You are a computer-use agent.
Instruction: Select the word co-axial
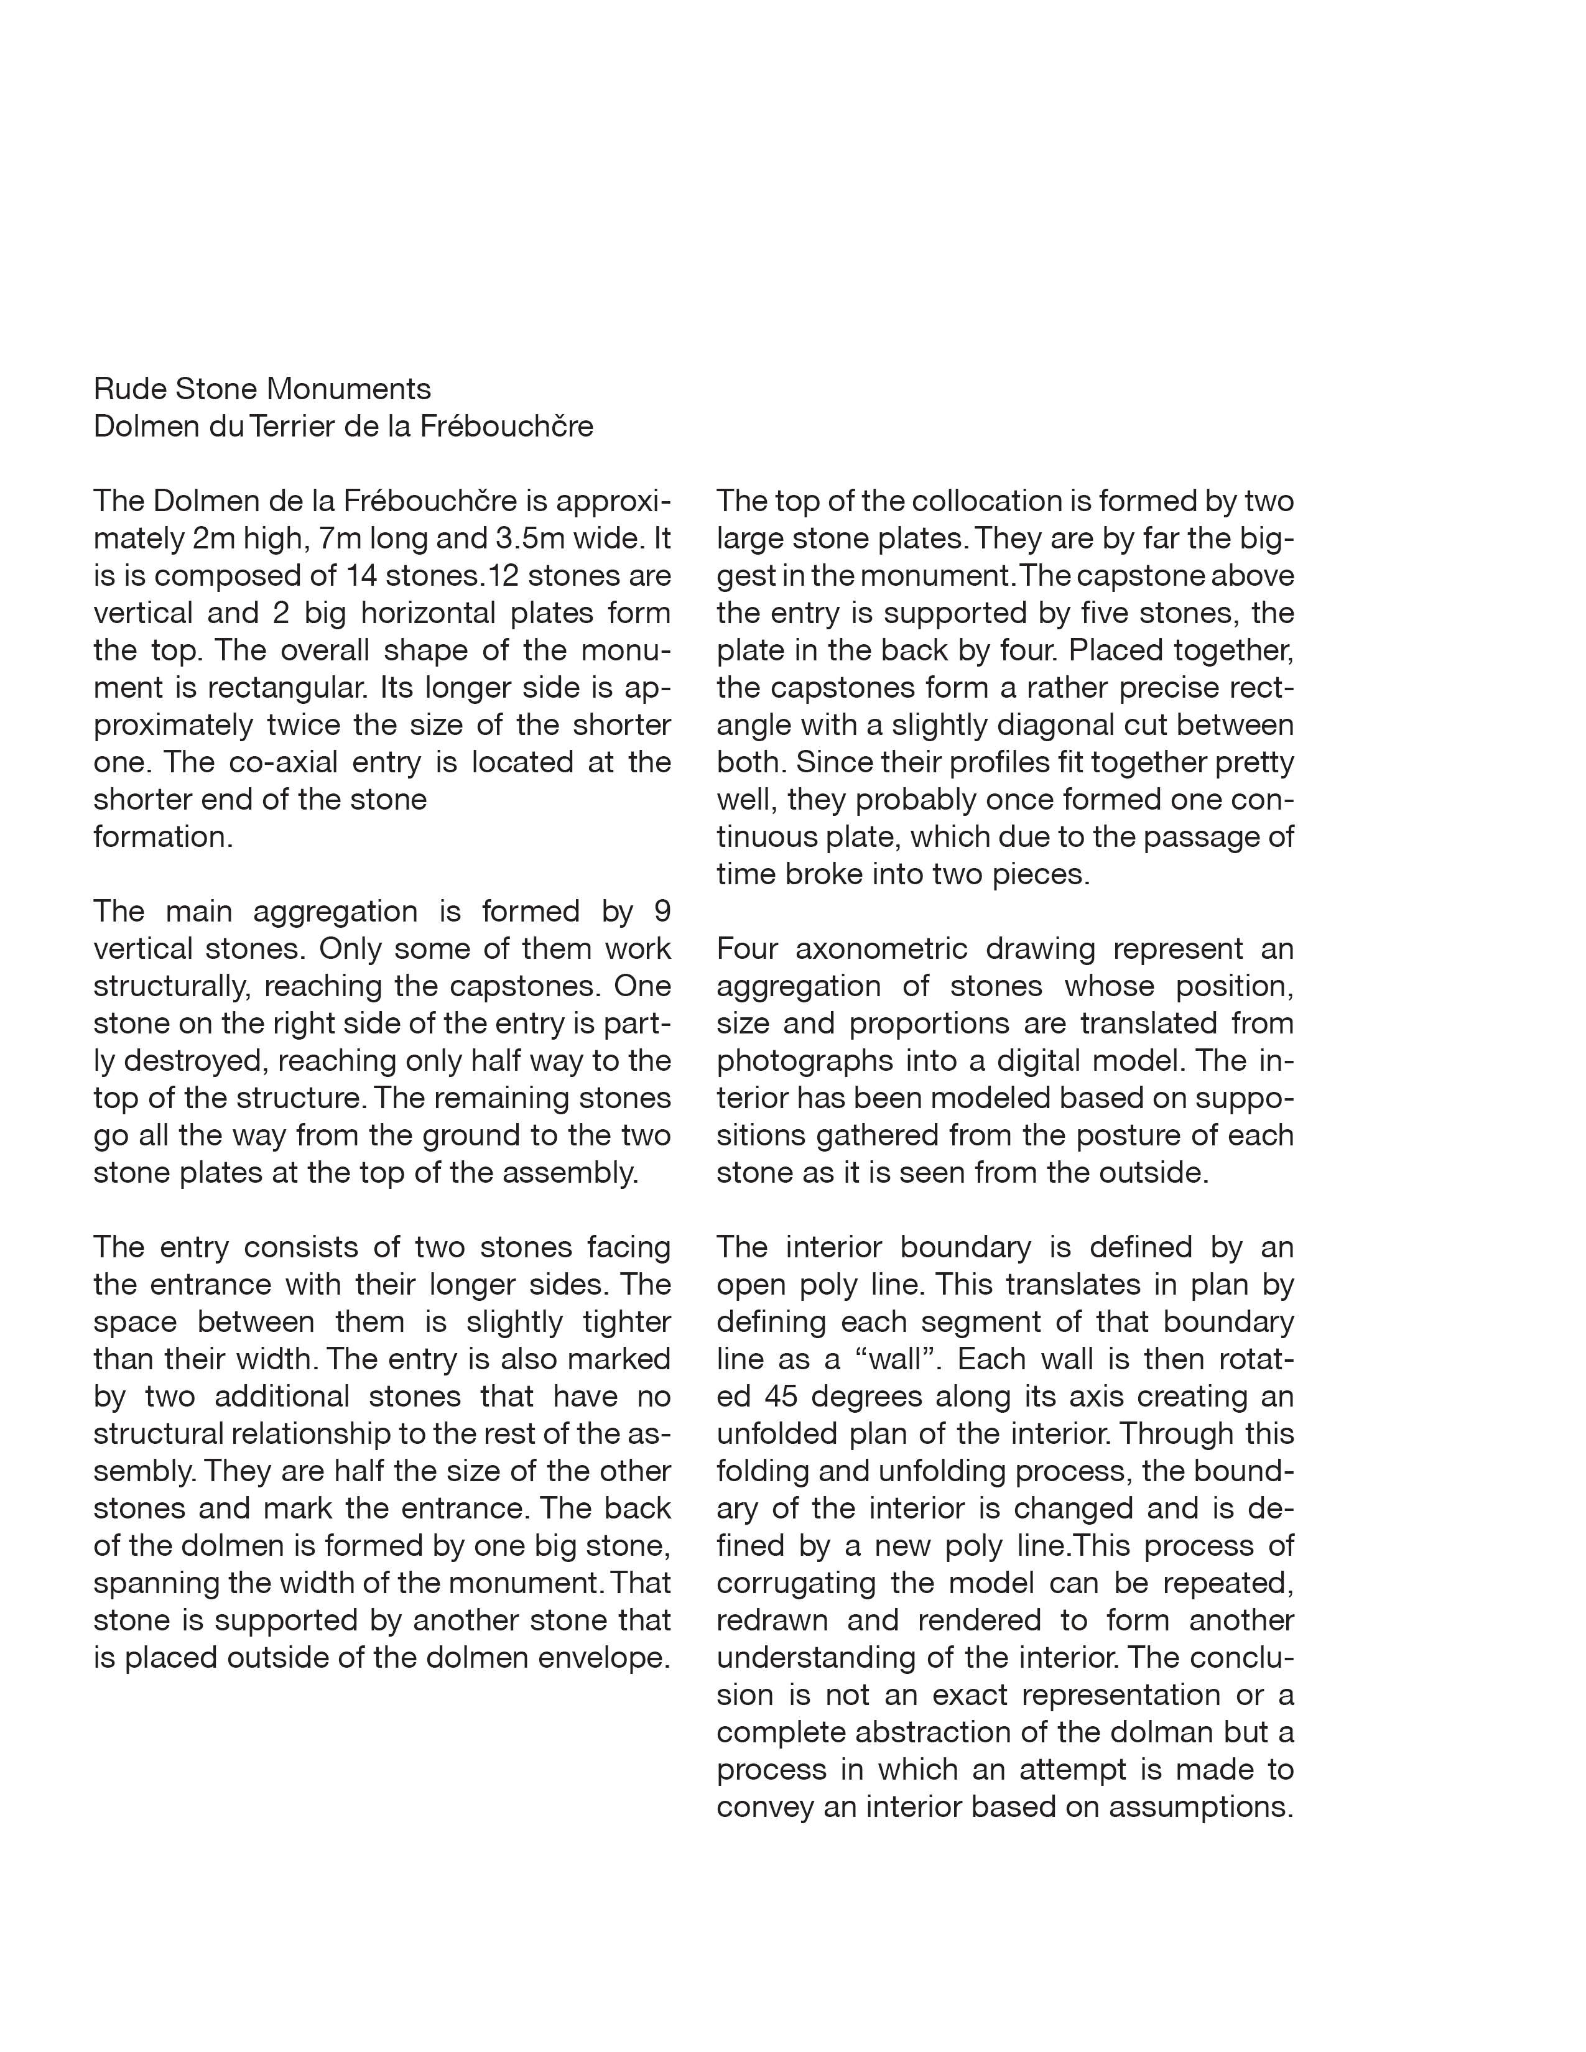coord(287,762)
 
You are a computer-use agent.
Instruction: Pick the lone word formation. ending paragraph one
coord(162,837)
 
